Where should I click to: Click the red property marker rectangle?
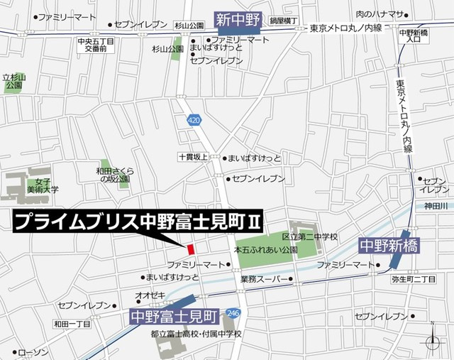coord(190,249)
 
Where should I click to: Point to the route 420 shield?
coord(194,121)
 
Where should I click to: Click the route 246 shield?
coord(233,312)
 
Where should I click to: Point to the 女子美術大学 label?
coord(43,185)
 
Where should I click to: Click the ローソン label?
coord(32,353)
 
